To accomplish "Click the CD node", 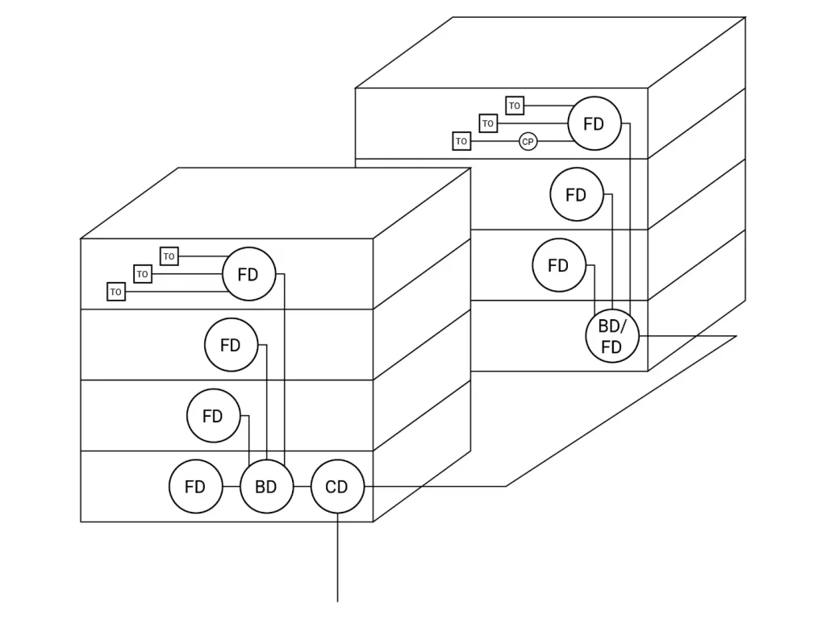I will point(337,487).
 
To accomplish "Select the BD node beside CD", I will point(266,487).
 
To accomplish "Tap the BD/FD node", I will point(612,336).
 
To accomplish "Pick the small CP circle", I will point(528,142).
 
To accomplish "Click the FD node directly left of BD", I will point(195,487).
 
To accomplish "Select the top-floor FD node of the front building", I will point(248,274).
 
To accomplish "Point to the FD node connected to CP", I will point(594,124).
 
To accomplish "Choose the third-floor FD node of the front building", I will point(231,345).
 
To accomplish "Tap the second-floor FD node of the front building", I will point(213,416).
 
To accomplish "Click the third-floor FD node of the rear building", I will point(576,194).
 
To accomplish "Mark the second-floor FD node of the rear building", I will point(558,265).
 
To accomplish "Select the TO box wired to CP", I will point(461,141).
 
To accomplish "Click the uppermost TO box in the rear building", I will point(515,106).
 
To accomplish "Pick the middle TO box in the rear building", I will point(488,123).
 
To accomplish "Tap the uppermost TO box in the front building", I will point(169,256).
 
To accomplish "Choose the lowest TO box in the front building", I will point(116,292).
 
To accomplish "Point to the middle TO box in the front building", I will point(143,274).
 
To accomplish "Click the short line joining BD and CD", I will point(302,487).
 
